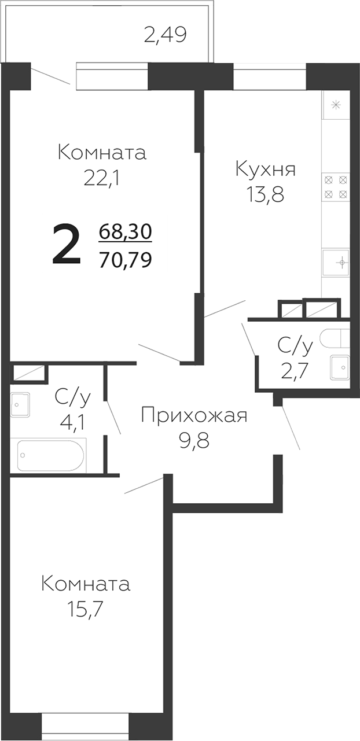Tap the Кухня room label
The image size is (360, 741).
[x=266, y=169]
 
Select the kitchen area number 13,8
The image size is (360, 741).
[x=266, y=195]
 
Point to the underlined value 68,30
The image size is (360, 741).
[x=125, y=232]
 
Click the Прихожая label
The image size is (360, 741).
[x=194, y=415]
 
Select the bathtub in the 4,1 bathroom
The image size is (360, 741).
[x=52, y=455]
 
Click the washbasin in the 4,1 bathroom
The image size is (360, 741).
[x=20, y=403]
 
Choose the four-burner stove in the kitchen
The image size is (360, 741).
[x=336, y=187]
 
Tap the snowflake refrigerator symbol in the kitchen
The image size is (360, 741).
[x=336, y=105]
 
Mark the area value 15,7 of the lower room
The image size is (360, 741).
[x=86, y=609]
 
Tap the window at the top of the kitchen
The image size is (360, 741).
[x=269, y=75]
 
